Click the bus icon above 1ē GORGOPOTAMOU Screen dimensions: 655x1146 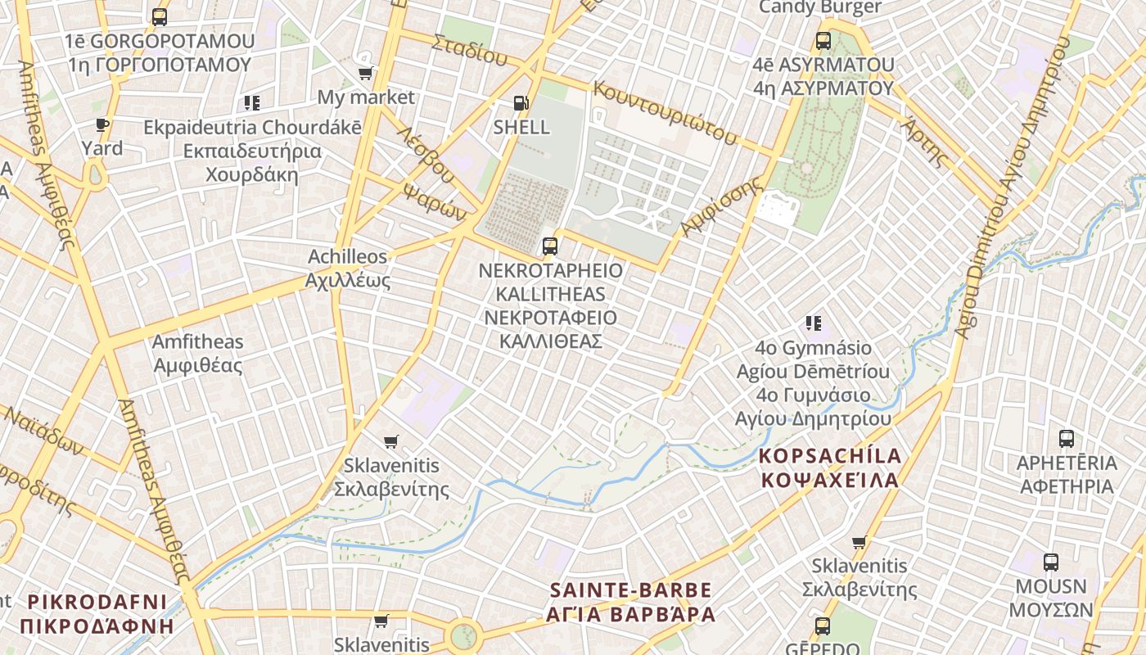[x=160, y=16]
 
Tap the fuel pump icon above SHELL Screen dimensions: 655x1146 [x=521, y=103]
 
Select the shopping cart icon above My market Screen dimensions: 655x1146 [x=366, y=73]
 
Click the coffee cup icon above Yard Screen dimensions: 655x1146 [x=102, y=125]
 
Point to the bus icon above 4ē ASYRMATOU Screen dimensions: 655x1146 [x=823, y=40]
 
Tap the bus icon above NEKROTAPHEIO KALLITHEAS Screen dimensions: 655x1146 [x=550, y=246]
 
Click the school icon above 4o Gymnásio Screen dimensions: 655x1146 [x=813, y=323]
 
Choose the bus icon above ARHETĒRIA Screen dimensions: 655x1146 [x=1067, y=438]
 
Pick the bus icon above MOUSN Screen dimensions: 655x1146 [x=1051, y=562]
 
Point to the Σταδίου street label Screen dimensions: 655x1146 [x=470, y=50]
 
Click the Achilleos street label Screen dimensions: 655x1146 [x=347, y=257]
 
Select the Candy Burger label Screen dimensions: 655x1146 [x=820, y=7]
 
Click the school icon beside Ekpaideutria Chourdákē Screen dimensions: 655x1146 [x=252, y=103]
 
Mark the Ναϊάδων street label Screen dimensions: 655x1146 [x=44, y=430]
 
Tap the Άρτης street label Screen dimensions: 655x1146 [x=924, y=141]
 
